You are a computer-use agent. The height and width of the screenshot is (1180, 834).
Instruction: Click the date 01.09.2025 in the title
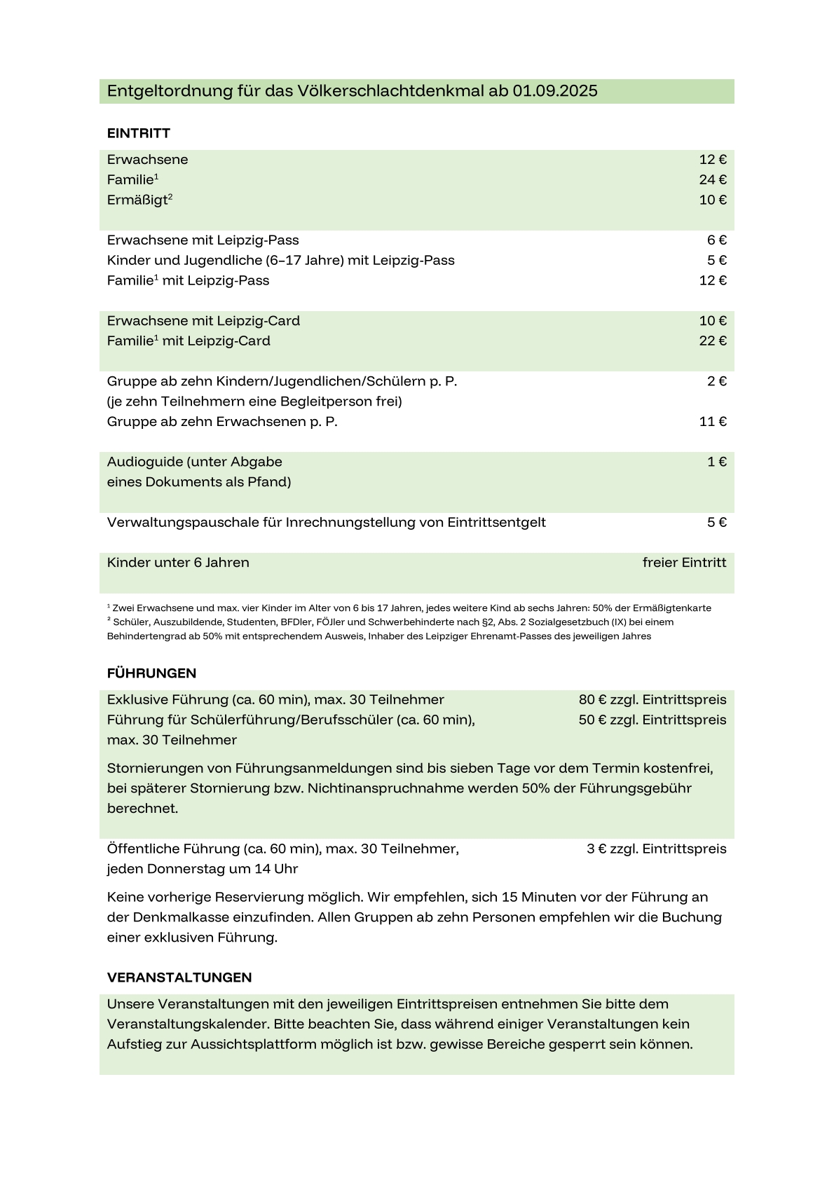point(555,91)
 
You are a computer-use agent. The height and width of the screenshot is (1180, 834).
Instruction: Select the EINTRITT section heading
point(139,133)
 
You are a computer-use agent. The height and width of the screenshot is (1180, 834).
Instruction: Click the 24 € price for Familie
point(713,180)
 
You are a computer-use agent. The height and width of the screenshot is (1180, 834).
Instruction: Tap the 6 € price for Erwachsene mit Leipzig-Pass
point(716,240)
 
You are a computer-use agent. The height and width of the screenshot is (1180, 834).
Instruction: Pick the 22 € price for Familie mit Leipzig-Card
point(713,341)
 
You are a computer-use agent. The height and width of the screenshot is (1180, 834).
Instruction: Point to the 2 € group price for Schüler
point(716,381)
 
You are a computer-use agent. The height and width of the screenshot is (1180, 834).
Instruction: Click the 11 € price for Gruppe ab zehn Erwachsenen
point(713,422)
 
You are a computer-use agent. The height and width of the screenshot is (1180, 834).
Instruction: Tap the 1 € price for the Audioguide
point(716,462)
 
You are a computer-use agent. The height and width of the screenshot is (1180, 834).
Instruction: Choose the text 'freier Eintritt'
point(684,563)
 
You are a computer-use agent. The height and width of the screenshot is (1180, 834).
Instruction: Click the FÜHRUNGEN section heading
point(151,673)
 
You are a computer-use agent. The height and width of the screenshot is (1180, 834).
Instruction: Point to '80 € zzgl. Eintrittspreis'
point(652,700)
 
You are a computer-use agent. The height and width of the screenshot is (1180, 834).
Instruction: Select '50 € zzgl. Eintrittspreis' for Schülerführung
point(652,720)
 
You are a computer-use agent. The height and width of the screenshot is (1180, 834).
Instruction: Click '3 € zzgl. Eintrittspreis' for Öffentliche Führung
point(656,849)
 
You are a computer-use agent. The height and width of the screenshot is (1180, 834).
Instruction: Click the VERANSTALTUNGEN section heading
point(179,977)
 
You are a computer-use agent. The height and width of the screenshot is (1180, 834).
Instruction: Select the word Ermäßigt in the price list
point(137,200)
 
